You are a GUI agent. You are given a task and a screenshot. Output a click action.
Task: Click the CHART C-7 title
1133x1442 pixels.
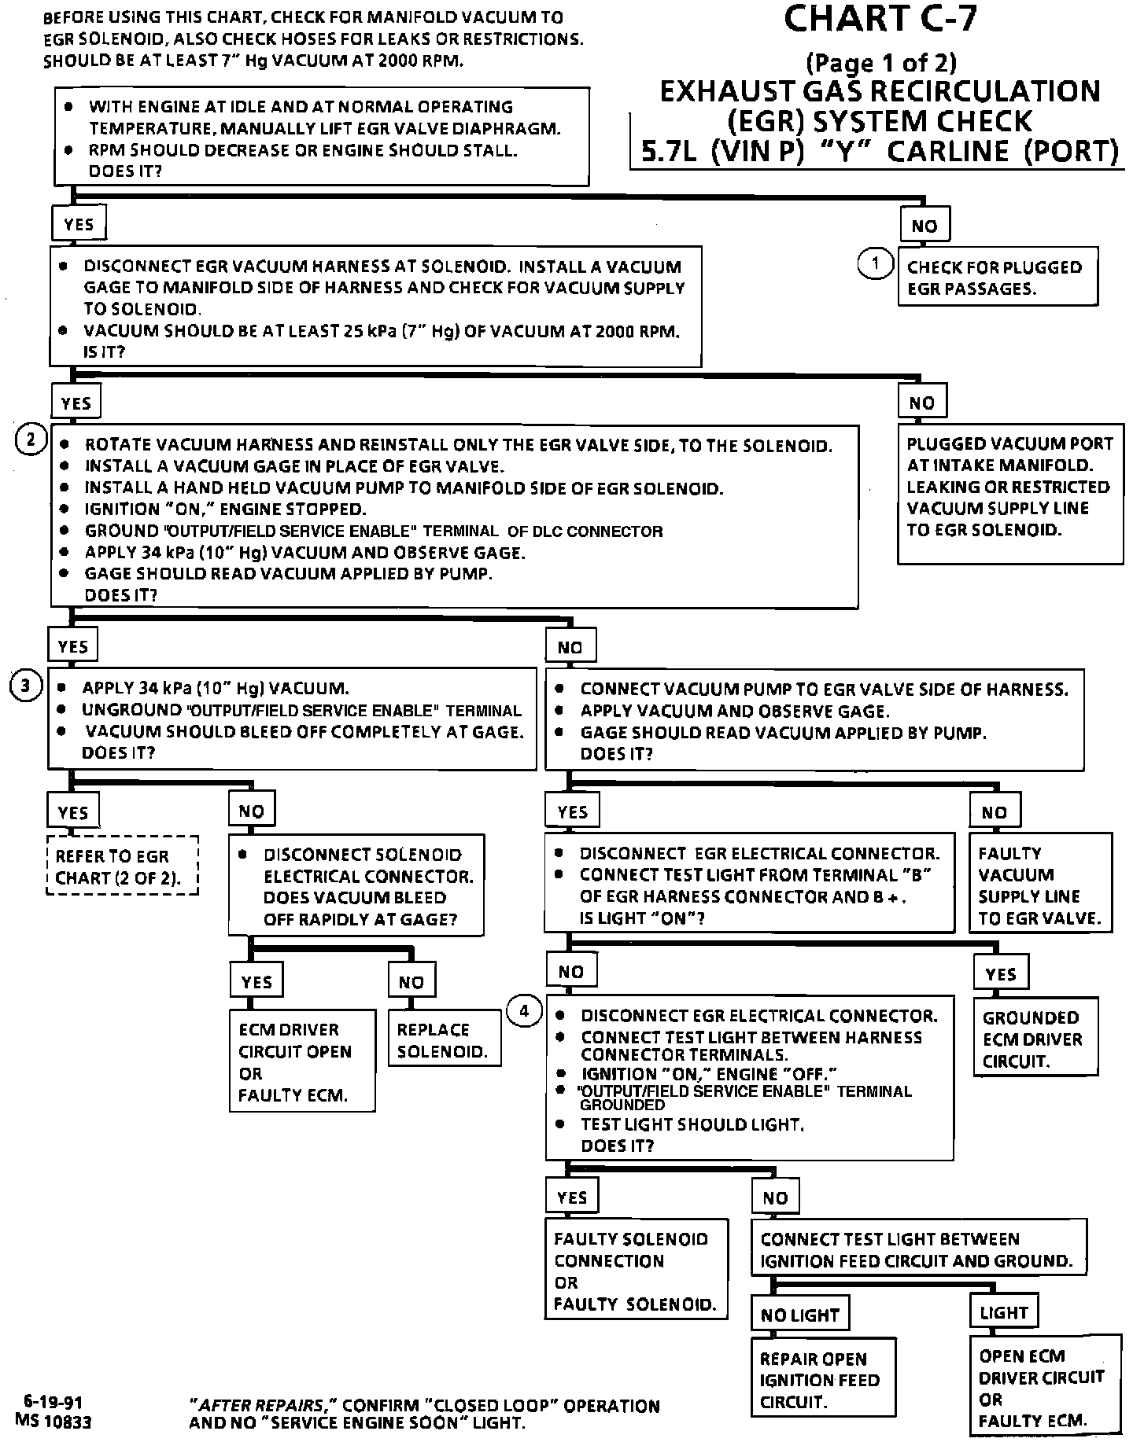pos(880,19)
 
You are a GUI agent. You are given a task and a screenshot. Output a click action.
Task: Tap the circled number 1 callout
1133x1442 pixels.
pos(874,263)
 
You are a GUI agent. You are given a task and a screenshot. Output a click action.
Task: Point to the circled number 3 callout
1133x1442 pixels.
pos(25,686)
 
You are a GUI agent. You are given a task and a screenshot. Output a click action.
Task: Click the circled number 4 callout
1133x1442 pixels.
pos(525,1011)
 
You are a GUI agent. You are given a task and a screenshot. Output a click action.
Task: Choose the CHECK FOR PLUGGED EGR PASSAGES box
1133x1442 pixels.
pos(996,278)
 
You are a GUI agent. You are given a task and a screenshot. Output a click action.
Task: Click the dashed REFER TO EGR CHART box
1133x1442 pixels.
pos(122,866)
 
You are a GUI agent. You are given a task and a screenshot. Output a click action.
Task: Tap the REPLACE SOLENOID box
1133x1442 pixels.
pos(445,1039)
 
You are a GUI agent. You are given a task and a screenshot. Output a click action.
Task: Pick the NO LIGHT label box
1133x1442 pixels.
pos(800,1315)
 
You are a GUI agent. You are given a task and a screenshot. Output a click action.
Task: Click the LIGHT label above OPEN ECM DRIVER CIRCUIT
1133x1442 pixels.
pos(1003,1312)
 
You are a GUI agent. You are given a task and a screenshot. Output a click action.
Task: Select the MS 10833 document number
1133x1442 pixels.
pos(54,1422)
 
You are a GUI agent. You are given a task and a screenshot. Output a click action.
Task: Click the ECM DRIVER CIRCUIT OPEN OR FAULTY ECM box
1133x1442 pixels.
pos(302,1061)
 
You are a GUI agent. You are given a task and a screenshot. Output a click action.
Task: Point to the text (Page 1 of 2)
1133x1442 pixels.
pos(880,62)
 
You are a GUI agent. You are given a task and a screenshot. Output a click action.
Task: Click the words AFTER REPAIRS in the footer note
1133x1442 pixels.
pos(256,1405)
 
